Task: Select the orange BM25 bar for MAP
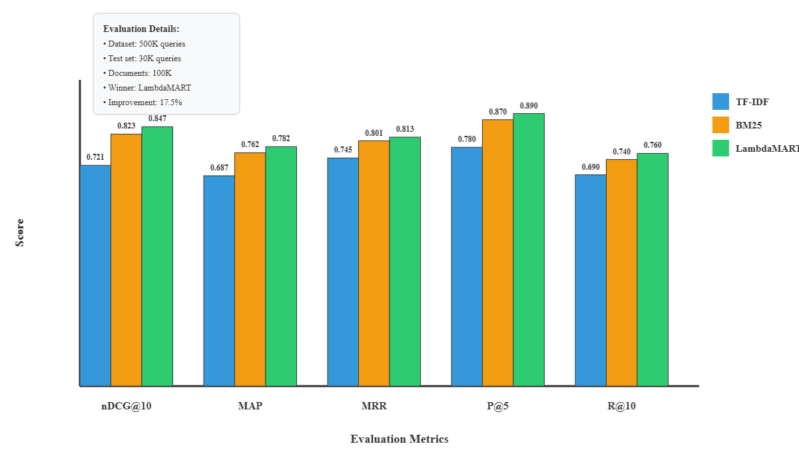tap(250, 269)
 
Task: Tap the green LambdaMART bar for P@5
tap(529, 249)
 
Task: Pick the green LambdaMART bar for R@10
tap(653, 269)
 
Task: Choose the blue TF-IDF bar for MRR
tap(343, 272)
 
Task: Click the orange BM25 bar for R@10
tap(621, 272)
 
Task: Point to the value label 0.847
tap(157, 118)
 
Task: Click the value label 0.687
tap(219, 168)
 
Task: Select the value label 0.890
tap(529, 106)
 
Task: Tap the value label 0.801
tap(374, 133)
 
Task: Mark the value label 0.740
tap(621, 152)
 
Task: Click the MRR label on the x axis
tap(374, 406)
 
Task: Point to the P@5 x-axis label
tap(497, 406)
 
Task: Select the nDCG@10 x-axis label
tap(127, 406)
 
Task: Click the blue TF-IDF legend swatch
tap(721, 102)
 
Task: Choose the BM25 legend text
tap(748, 125)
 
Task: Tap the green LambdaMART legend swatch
tap(721, 148)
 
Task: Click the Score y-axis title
tap(20, 233)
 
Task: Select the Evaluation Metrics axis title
tap(400, 439)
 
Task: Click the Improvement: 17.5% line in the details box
tap(142, 103)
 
